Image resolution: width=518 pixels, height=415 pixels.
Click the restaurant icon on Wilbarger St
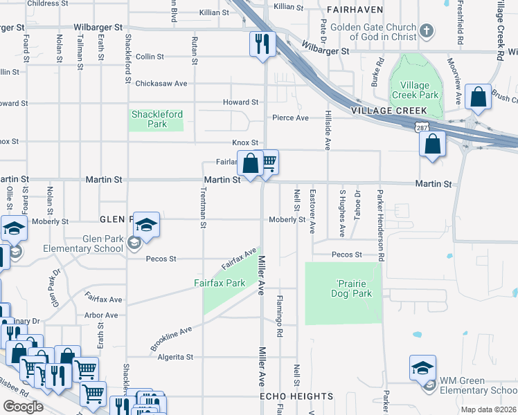262,44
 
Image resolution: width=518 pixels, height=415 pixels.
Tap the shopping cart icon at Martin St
268,163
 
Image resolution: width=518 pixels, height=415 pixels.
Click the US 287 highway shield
421,127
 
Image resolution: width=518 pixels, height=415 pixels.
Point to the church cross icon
427,31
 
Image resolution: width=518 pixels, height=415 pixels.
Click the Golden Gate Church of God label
374,32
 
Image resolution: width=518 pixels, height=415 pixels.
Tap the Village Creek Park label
416,90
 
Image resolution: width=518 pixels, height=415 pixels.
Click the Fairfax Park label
220,283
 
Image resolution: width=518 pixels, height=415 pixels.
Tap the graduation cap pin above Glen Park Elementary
146,224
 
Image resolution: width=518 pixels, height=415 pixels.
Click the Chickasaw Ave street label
161,83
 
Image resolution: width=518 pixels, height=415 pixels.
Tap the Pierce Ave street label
290,118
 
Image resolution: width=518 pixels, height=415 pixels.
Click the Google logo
23,407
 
